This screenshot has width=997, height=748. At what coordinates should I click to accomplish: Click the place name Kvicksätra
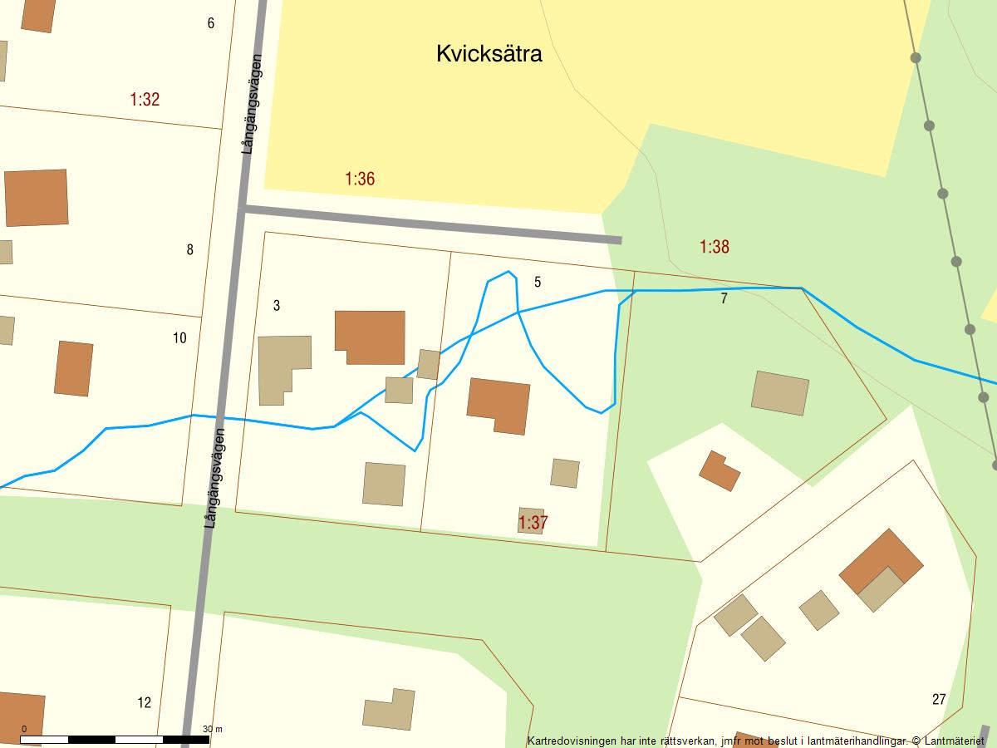tap(489, 54)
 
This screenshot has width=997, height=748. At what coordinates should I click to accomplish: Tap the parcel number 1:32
tap(145, 100)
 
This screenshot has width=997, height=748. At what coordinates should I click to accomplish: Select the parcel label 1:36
tap(360, 179)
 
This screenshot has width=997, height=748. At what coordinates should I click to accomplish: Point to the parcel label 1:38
tap(715, 247)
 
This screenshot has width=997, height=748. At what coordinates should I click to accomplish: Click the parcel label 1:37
tap(533, 523)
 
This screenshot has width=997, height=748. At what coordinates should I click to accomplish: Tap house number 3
tap(277, 306)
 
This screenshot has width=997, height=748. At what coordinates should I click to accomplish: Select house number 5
tap(538, 283)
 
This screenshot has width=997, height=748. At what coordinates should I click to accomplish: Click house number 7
tap(724, 299)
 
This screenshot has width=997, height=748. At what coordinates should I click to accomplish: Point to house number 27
tap(939, 699)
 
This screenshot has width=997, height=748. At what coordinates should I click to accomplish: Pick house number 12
tap(145, 703)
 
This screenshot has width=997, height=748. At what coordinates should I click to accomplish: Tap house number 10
tap(179, 338)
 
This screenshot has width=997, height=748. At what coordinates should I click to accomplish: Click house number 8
tap(189, 249)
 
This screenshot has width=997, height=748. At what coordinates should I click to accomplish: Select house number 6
tap(211, 23)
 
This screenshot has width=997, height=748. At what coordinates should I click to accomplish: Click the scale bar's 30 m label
tap(213, 729)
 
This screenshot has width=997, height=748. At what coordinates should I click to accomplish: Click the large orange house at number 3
tap(370, 335)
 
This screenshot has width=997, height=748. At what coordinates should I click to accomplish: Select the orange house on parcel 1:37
tap(498, 405)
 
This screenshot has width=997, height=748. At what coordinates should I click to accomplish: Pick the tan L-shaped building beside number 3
tap(282, 366)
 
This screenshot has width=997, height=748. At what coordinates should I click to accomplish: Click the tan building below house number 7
tap(779, 392)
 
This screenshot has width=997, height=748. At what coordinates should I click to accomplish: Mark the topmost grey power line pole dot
tap(916, 57)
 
